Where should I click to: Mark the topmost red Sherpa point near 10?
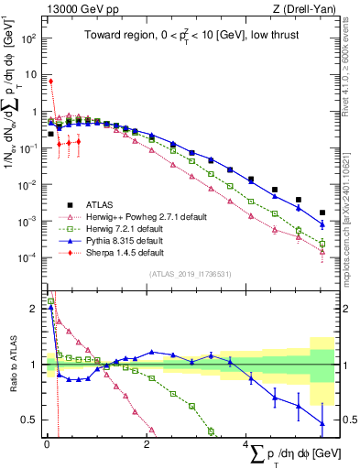click(50, 81)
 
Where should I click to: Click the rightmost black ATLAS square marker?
click(322, 213)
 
